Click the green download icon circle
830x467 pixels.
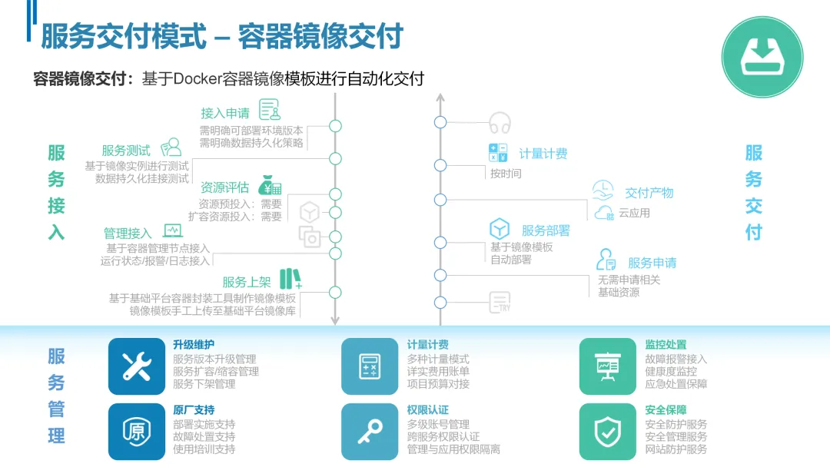762,56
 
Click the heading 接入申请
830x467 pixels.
225,113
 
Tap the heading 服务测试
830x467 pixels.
126,151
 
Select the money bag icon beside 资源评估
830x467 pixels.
270,185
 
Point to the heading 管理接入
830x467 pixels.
128,233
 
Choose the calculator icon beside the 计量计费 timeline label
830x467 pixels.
498,152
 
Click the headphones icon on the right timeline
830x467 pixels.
500,123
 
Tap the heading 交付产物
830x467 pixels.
649,193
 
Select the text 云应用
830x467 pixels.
634,213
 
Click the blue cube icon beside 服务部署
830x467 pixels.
500,229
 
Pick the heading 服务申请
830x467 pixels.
652,263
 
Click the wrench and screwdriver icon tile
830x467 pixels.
137,366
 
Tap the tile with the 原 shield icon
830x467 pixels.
137,432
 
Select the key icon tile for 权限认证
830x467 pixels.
370,432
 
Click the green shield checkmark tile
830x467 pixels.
608,432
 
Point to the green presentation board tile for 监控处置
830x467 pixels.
608,366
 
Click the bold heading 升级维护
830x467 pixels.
194,345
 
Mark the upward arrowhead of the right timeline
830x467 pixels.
440,98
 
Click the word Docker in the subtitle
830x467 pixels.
197,79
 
